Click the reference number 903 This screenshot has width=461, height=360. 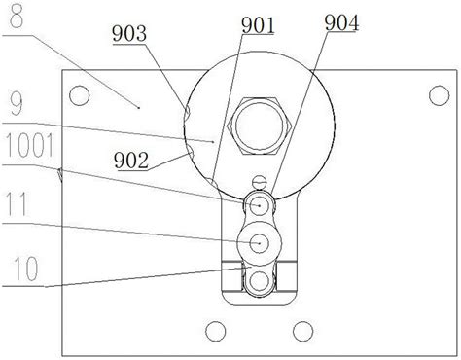pos(129,34)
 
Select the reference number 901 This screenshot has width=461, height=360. pos(258,25)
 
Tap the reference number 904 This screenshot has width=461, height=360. pos(341,23)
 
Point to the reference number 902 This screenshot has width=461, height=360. pos(131,161)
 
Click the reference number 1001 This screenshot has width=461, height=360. pos(29,146)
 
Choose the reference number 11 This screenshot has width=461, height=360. pos(17,204)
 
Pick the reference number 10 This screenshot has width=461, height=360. pos(26,269)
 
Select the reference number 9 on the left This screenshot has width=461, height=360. pos(16,104)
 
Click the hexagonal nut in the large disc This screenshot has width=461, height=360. pos(260,126)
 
